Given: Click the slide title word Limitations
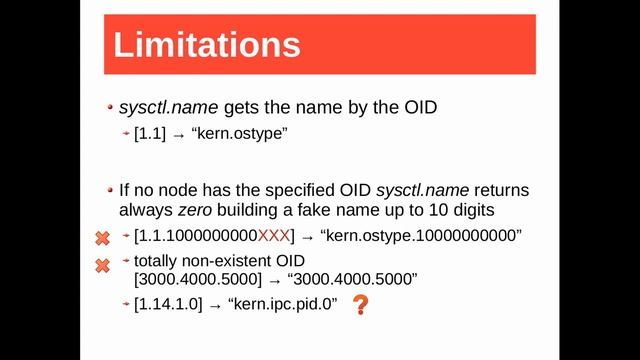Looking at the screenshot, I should pyautogui.click(x=206, y=45).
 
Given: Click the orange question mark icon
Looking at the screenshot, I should pyautogui.click(x=360, y=305).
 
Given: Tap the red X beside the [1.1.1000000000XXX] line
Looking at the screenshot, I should pyautogui.click(x=102, y=239).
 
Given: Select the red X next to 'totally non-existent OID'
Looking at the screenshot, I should pyautogui.click(x=102, y=265).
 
